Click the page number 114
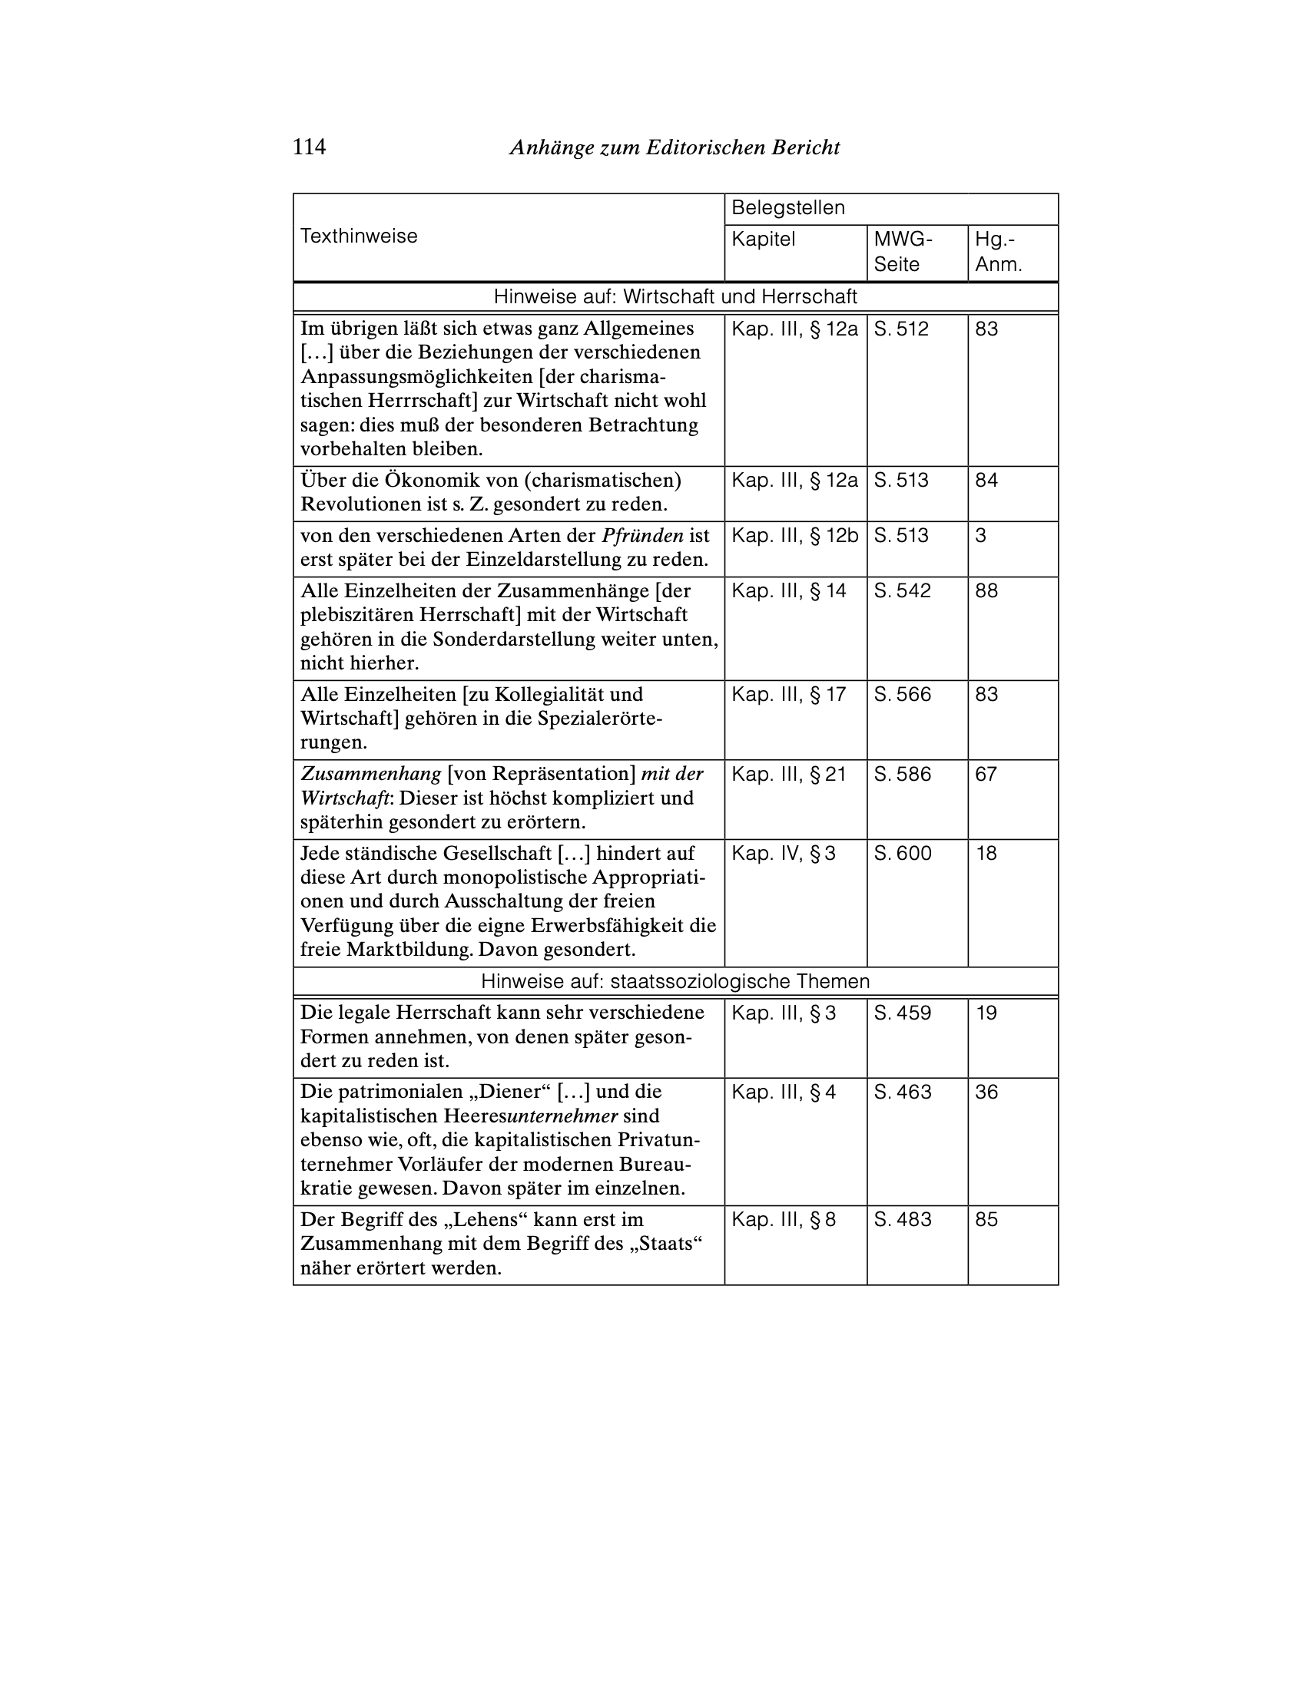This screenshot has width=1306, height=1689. click(x=309, y=147)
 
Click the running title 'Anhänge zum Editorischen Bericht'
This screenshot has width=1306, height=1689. click(x=674, y=147)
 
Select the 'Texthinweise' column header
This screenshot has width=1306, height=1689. click(x=358, y=236)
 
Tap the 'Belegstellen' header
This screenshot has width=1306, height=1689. click(x=787, y=207)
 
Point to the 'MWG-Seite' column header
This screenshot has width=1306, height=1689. click(x=903, y=251)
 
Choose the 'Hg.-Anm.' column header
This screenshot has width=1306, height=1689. click(x=997, y=251)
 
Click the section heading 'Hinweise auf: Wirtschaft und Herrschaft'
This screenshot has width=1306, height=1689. click(x=675, y=296)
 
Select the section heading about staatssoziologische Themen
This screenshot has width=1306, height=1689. click(x=675, y=981)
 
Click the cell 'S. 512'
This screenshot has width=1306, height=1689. click(x=900, y=329)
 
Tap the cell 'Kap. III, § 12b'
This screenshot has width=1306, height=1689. click(x=794, y=535)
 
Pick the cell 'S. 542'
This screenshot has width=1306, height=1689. click(x=902, y=591)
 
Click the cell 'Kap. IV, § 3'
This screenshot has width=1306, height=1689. click(x=783, y=853)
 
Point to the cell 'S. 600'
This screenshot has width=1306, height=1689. click(x=902, y=853)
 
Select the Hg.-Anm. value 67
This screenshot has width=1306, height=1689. click(x=986, y=774)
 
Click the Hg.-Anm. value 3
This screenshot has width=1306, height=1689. click(x=980, y=535)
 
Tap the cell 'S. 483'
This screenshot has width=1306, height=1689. click(x=902, y=1220)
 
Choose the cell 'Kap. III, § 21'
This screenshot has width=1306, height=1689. click(x=788, y=774)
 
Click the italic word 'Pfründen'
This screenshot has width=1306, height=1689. click(x=642, y=535)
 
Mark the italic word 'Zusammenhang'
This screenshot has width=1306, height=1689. click(x=370, y=774)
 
